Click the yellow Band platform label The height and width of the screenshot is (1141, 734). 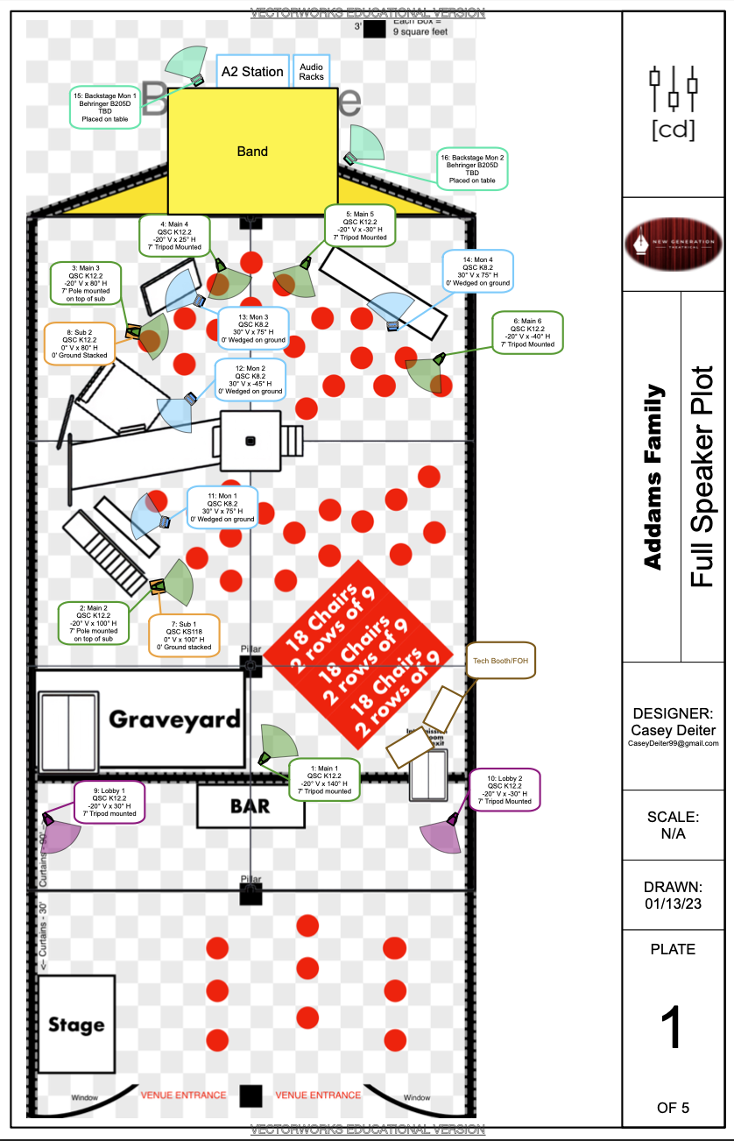(x=252, y=152)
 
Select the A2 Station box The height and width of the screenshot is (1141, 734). (x=252, y=71)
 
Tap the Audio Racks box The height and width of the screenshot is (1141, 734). (x=311, y=71)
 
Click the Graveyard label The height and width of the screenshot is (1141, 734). (x=173, y=719)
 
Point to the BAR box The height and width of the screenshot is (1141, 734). (x=251, y=806)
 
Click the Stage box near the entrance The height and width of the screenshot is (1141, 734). (x=76, y=1024)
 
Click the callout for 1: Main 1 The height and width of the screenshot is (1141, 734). (x=324, y=779)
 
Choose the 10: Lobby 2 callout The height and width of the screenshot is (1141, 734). (x=505, y=789)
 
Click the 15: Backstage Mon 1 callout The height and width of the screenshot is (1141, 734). (x=104, y=108)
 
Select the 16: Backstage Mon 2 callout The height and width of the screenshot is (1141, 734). (x=472, y=168)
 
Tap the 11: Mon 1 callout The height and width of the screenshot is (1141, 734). (x=222, y=507)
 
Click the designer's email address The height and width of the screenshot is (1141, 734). (x=673, y=743)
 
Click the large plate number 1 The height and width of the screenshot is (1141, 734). (x=672, y=1030)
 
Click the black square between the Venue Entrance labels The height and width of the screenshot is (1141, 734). (x=251, y=1095)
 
